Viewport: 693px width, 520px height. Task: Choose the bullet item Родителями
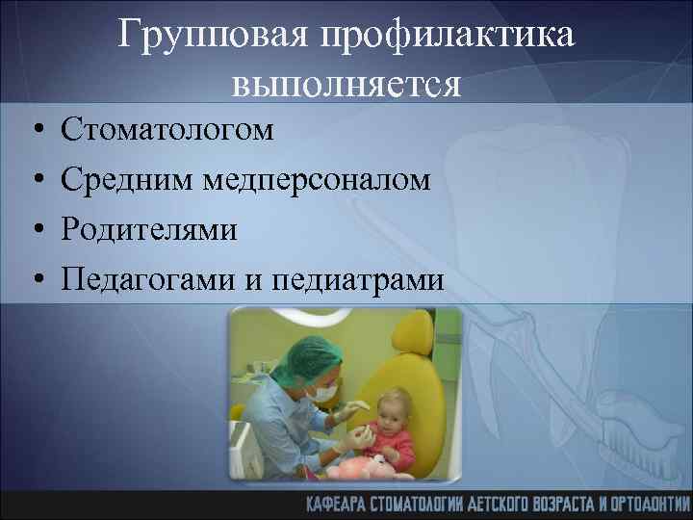coord(149,229)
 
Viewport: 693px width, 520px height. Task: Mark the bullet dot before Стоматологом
coord(34,129)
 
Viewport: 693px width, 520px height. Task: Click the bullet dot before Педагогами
coord(34,280)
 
